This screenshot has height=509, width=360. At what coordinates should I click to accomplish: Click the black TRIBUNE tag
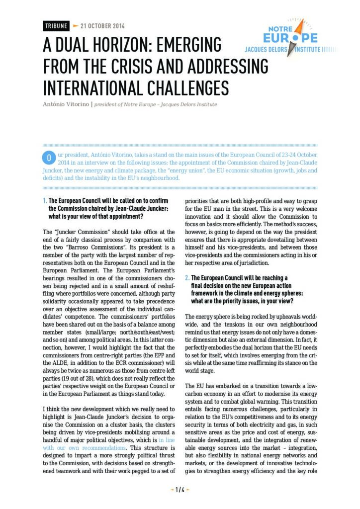55,26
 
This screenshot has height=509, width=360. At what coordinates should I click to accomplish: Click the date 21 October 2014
102,26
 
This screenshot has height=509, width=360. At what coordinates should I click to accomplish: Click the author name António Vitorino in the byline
64,104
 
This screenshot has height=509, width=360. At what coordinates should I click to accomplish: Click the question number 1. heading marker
45,201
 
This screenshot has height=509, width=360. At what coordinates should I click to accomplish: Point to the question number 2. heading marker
187,278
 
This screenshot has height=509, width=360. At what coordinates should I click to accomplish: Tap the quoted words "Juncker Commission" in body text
75,232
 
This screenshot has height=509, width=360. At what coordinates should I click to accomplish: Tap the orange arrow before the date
76,26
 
